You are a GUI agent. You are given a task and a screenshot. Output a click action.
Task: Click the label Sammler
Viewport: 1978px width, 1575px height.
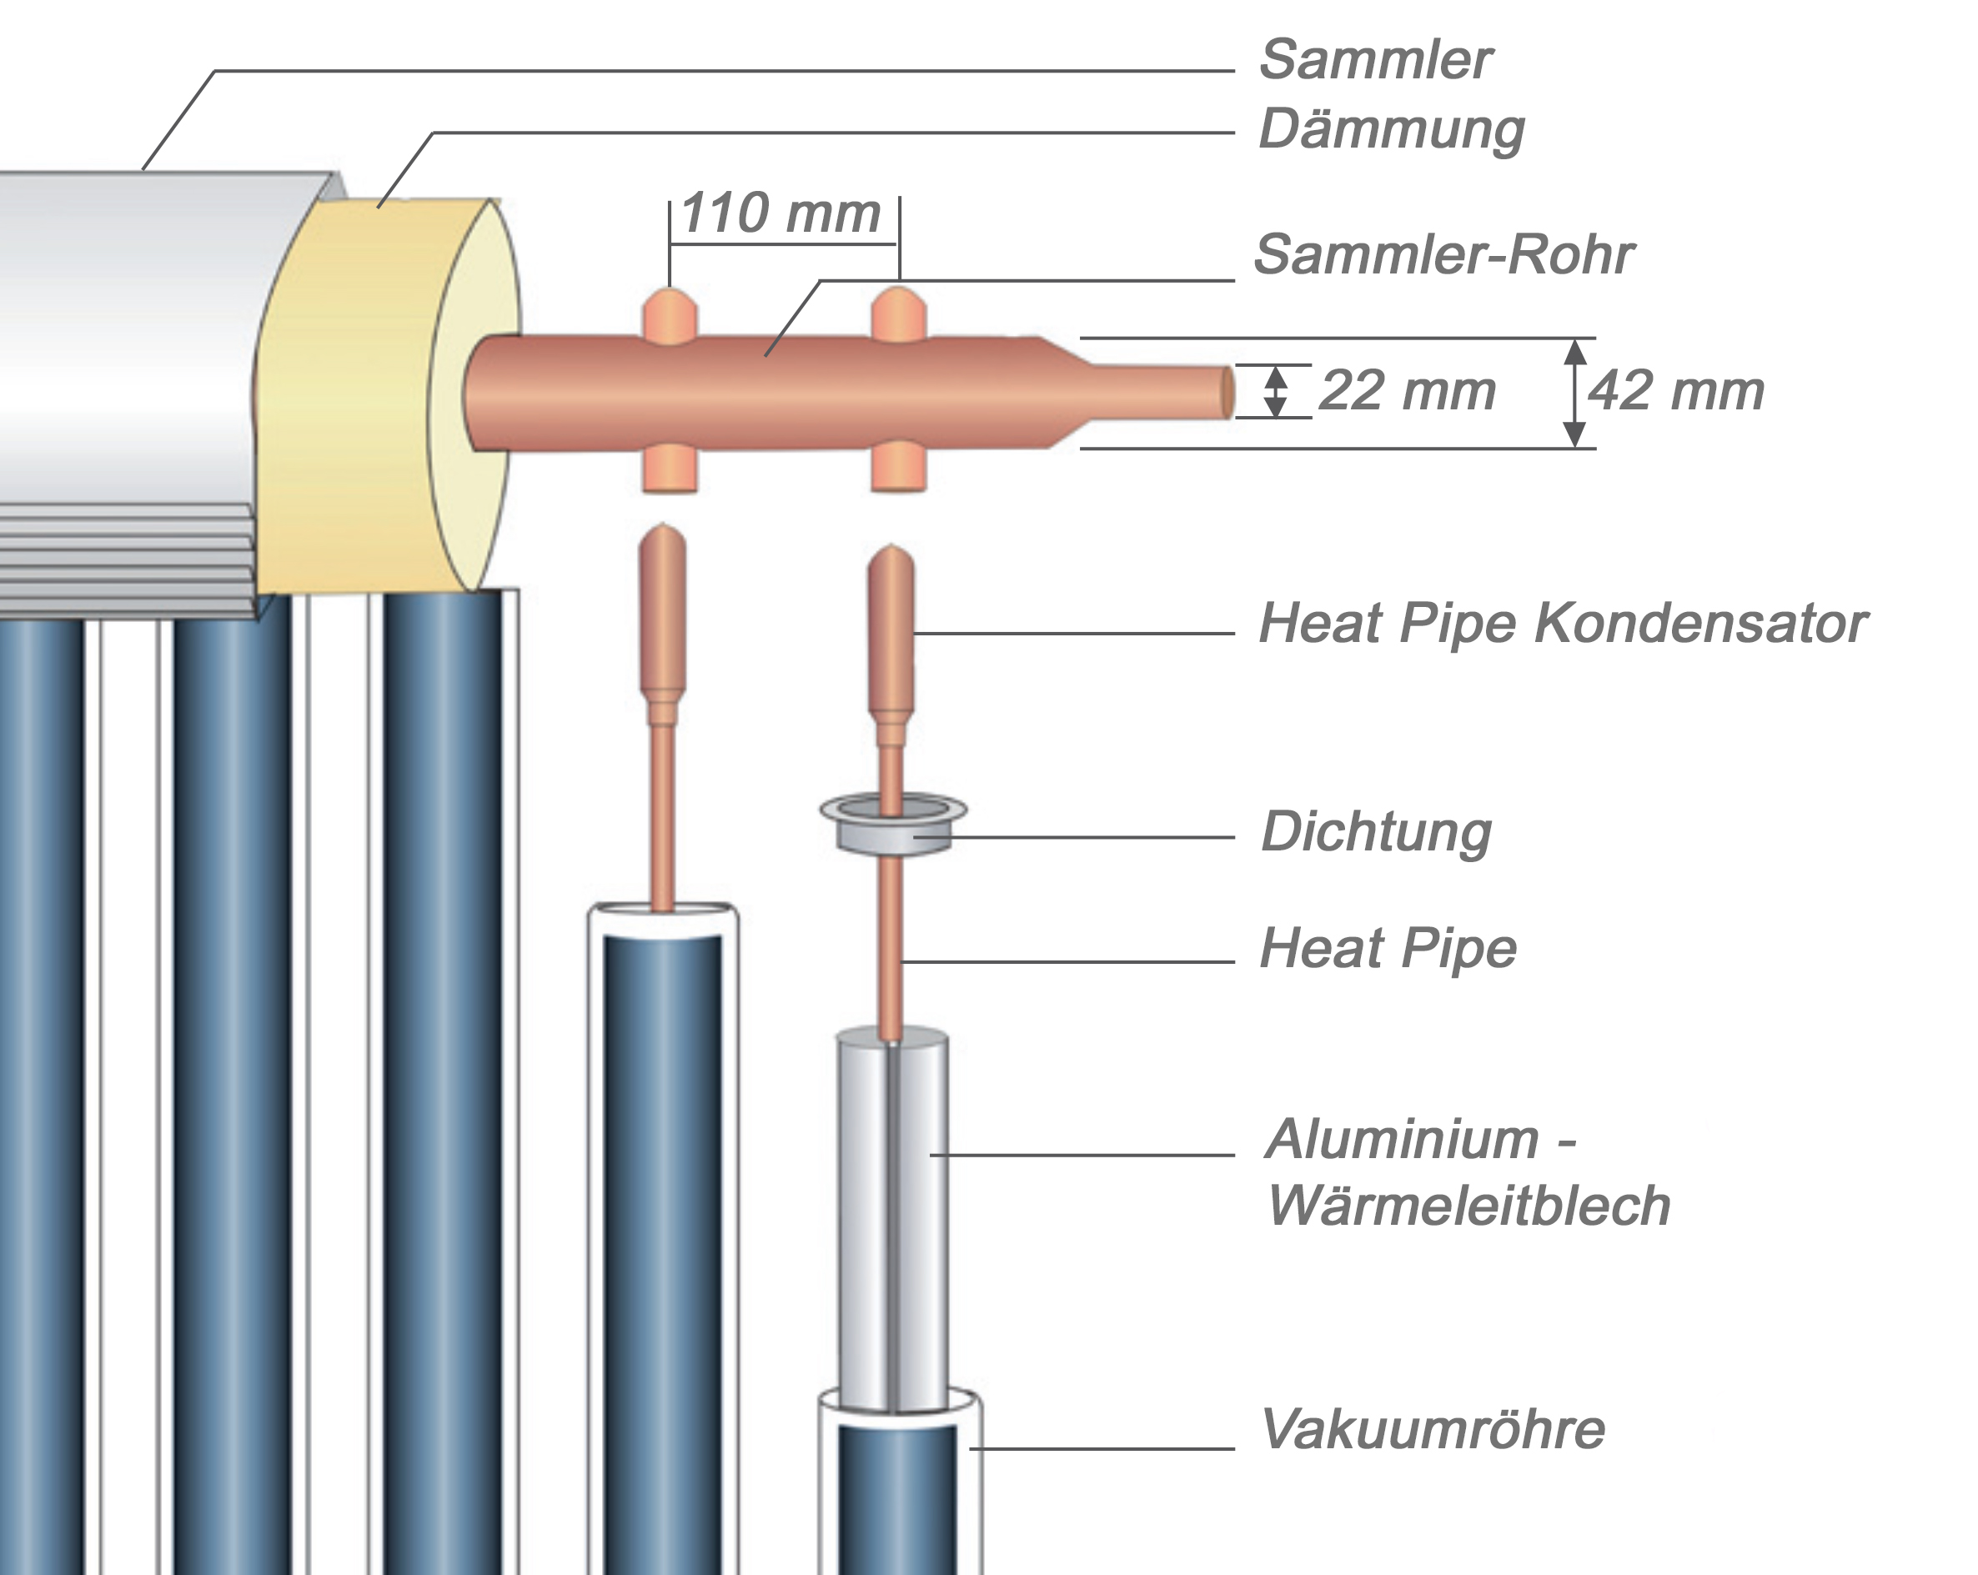pyautogui.click(x=1375, y=61)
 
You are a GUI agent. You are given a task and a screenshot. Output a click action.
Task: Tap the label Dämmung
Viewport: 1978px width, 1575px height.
pyautogui.click(x=1391, y=130)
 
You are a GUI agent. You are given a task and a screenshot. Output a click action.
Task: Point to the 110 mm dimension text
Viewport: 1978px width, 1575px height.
pyautogui.click(x=781, y=213)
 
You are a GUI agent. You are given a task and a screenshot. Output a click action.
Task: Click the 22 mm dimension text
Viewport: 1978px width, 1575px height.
pyautogui.click(x=1407, y=391)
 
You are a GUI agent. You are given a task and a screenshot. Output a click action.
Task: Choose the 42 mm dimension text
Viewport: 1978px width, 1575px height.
pyautogui.click(x=1676, y=391)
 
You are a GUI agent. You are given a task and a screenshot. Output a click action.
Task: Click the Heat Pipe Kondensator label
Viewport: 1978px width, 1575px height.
pyautogui.click(x=1563, y=624)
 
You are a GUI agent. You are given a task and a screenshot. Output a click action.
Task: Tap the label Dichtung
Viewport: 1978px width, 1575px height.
pyautogui.click(x=1375, y=832)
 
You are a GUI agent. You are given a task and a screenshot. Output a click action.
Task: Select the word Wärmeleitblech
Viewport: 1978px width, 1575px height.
pyautogui.click(x=1468, y=1206)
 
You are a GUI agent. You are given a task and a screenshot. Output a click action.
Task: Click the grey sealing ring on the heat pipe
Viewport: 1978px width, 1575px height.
pyautogui.click(x=892, y=825)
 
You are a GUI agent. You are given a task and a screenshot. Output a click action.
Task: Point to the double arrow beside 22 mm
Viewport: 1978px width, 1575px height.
pyautogui.click(x=1274, y=392)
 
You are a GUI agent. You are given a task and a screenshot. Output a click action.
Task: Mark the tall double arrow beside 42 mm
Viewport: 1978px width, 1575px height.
pyautogui.click(x=1574, y=393)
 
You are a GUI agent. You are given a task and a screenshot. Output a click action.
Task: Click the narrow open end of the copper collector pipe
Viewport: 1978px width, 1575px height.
pyautogui.click(x=1227, y=393)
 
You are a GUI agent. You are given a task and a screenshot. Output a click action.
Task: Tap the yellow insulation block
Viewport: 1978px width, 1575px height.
pyautogui.click(x=349, y=394)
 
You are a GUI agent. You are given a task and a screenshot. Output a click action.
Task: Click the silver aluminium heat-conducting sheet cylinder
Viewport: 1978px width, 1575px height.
pyautogui.click(x=891, y=1220)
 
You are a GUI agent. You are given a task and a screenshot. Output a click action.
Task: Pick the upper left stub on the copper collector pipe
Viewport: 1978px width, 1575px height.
pyautogui.click(x=670, y=317)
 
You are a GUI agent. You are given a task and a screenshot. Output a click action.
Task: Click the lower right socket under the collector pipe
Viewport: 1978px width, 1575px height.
pyautogui.click(x=898, y=469)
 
